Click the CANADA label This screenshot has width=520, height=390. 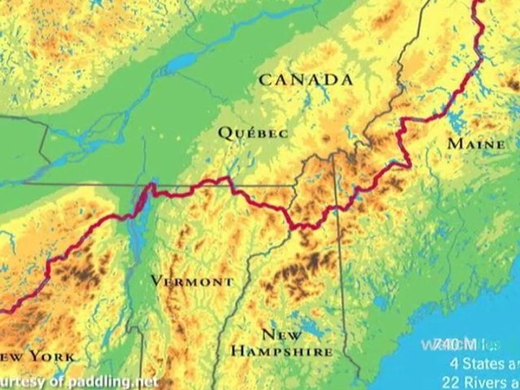click(x=306, y=80)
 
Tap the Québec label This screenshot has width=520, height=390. click(x=253, y=133)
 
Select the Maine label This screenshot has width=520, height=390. click(x=476, y=144)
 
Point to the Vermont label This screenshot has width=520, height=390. click(x=192, y=282)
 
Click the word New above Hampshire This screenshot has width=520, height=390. click(x=282, y=334)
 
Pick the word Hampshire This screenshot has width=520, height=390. click(x=282, y=352)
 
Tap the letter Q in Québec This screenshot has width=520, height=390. click(x=224, y=132)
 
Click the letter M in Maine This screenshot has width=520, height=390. click(x=455, y=144)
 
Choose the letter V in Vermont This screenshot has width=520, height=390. click(x=156, y=281)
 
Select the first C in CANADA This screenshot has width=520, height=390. click(x=264, y=80)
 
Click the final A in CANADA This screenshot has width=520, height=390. click(x=347, y=80)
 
